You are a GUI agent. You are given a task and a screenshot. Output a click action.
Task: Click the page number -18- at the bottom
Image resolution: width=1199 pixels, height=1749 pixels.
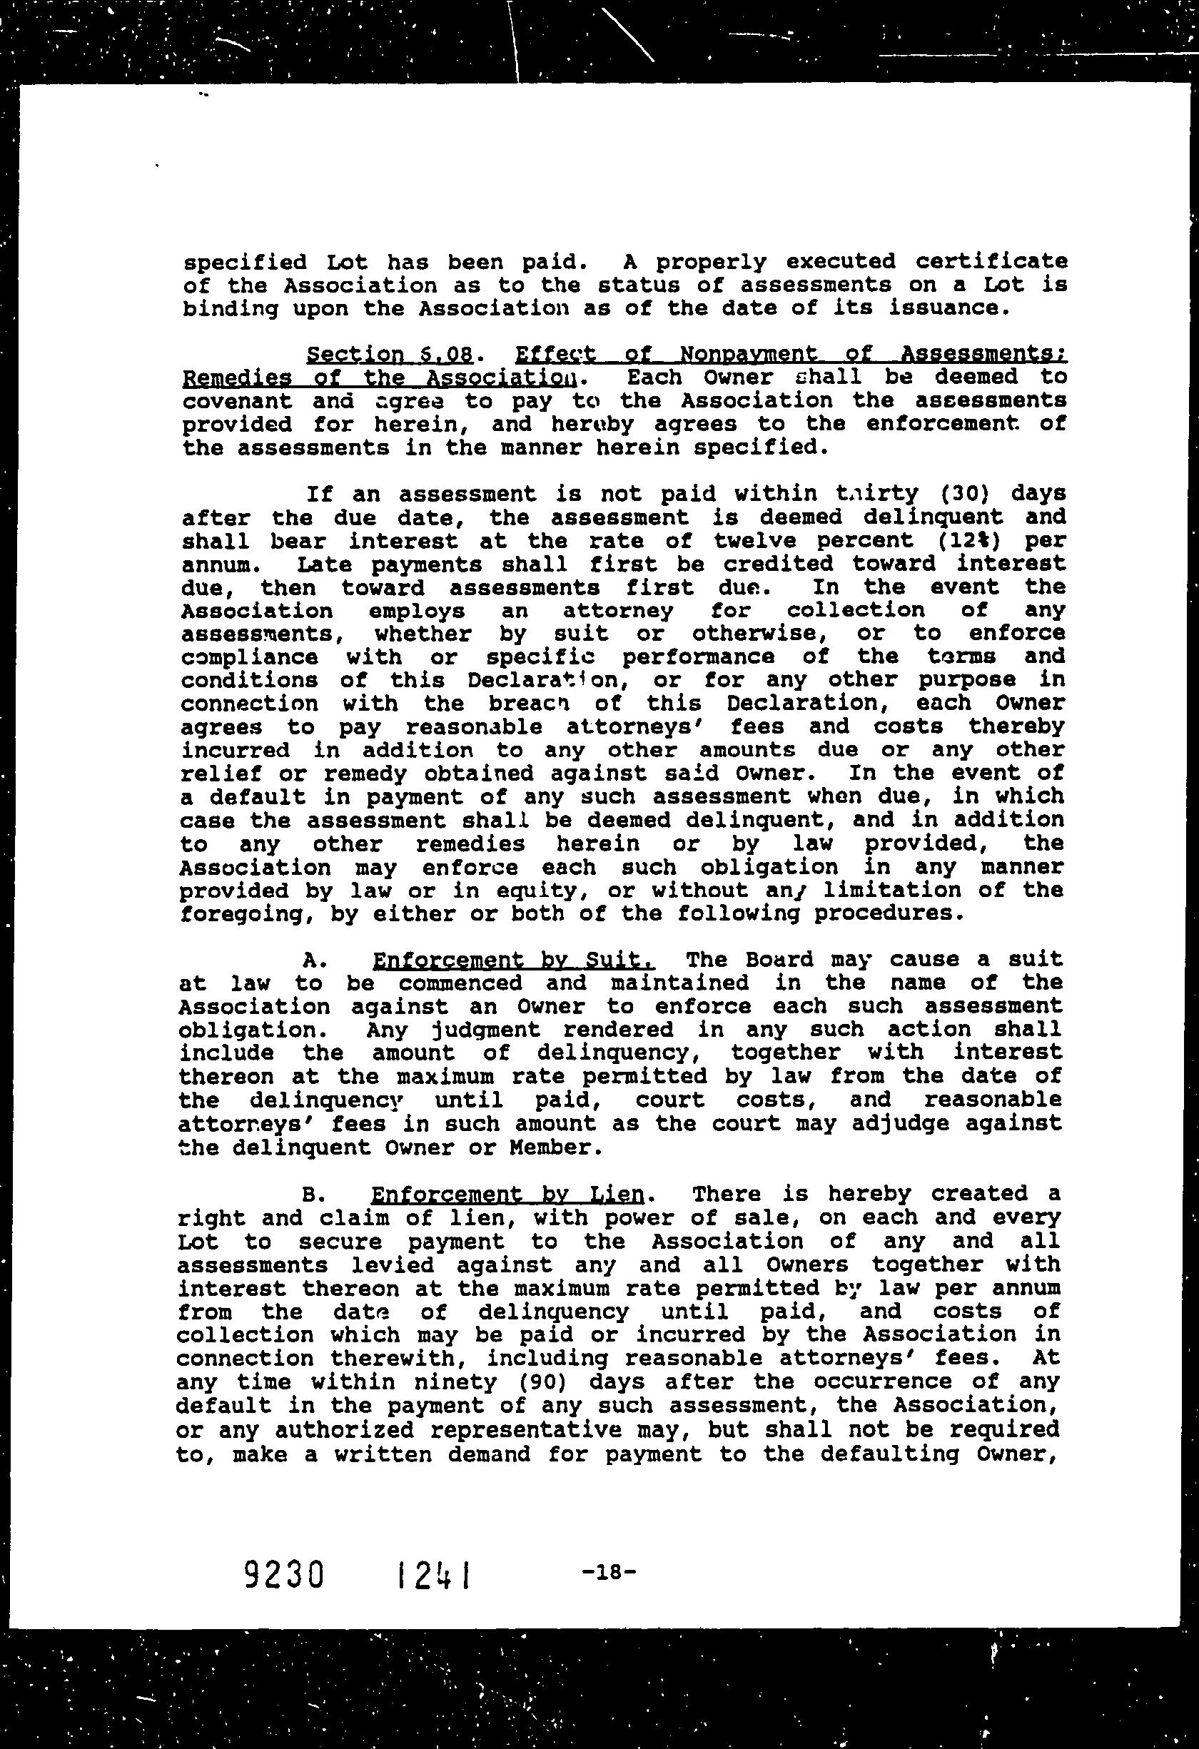click(609, 1571)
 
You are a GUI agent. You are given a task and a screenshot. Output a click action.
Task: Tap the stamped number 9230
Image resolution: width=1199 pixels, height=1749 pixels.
click(285, 1573)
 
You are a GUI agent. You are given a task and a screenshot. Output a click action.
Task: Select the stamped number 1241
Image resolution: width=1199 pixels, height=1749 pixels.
click(431, 1573)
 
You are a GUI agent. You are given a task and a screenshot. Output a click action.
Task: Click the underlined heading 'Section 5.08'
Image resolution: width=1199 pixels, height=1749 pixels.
click(390, 354)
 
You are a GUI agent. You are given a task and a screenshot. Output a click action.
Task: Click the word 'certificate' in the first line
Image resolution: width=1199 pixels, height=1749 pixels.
click(991, 261)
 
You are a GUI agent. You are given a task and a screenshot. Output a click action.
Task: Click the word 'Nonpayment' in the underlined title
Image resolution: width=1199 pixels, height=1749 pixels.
click(738, 354)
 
